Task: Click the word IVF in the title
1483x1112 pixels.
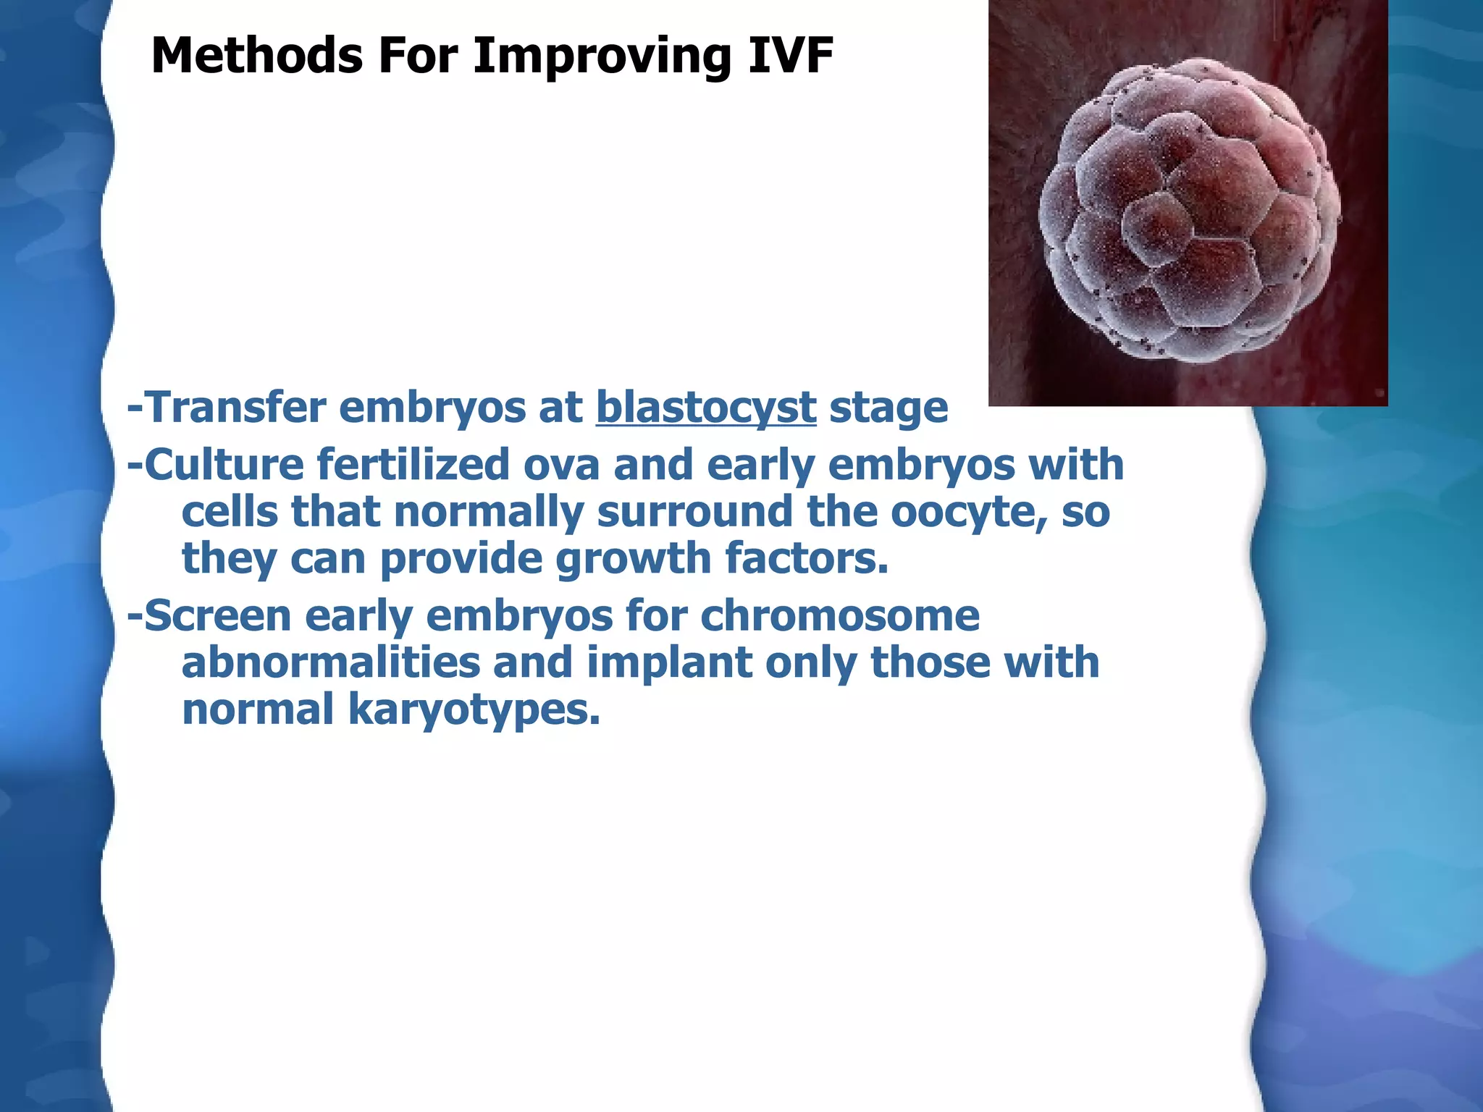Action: tap(790, 56)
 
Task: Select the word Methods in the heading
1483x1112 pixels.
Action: tap(256, 56)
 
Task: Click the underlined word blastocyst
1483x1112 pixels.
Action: tap(706, 408)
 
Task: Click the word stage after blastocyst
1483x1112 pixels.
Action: tap(888, 408)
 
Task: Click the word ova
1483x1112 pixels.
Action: tap(562, 466)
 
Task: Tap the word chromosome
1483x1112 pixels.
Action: tap(840, 616)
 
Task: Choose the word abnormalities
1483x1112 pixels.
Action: tap(331, 662)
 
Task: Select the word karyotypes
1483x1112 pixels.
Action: tap(474, 710)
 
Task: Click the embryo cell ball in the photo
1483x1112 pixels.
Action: tap(1188, 210)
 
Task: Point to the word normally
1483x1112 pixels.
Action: tap(489, 513)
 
